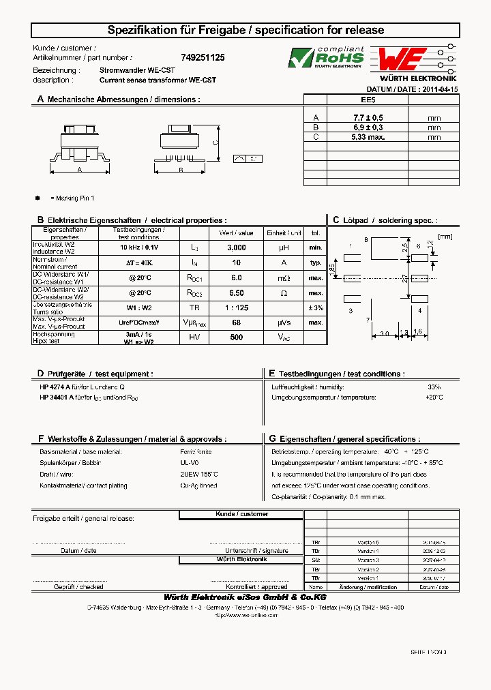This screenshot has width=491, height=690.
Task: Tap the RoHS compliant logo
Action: [325, 59]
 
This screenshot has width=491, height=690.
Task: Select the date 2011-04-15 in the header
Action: [440, 89]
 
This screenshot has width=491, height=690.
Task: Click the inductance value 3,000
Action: [236, 247]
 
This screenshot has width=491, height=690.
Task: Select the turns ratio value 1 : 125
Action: [236, 307]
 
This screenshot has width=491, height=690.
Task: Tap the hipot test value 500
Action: [236, 337]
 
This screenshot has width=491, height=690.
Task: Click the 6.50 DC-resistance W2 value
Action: [236, 292]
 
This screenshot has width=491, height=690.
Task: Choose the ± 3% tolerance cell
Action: [314, 307]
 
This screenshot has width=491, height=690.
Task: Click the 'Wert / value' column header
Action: [236, 232]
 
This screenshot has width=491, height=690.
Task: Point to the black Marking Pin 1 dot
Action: [38, 198]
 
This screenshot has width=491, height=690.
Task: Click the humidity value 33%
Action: [434, 387]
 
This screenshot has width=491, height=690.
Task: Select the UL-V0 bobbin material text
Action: [190, 463]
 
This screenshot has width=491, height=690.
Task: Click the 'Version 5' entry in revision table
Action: [368, 541]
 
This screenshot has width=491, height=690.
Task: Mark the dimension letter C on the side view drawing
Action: [215, 142]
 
